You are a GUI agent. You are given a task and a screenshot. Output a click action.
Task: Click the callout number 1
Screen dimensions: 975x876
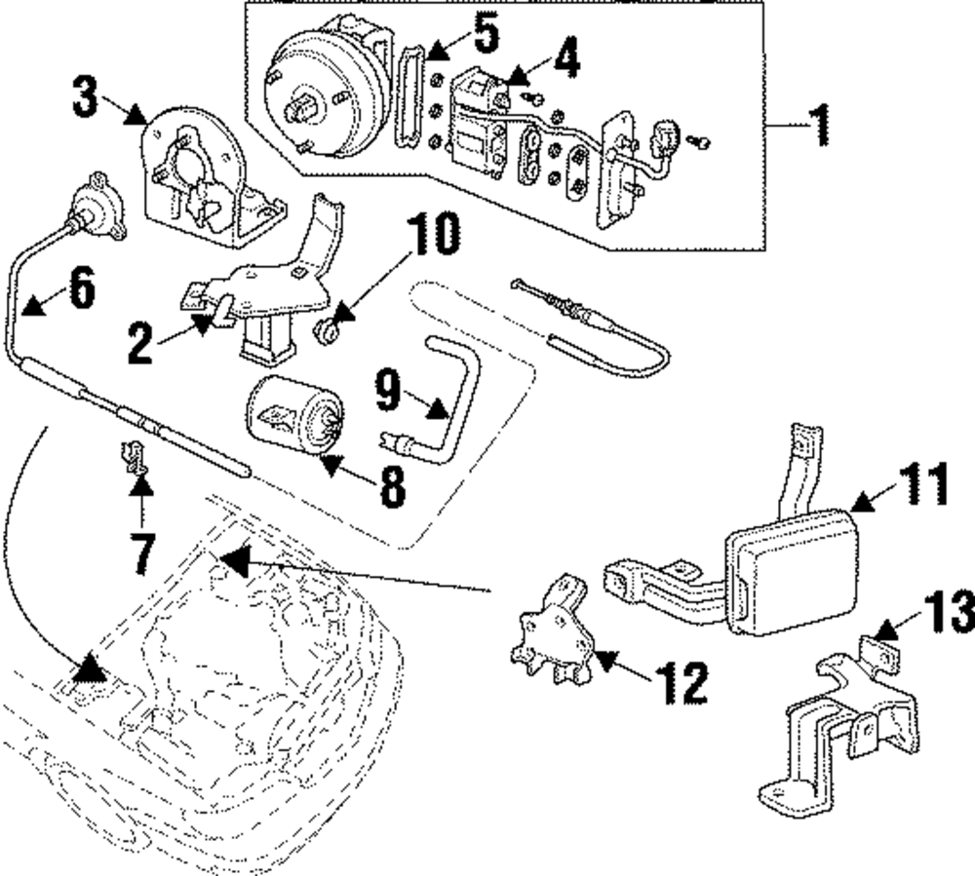(820, 125)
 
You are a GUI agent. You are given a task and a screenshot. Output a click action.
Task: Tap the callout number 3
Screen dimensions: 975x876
(85, 96)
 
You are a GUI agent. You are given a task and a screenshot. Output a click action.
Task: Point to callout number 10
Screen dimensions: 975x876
(435, 234)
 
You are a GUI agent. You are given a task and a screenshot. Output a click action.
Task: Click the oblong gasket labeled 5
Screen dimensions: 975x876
(409, 96)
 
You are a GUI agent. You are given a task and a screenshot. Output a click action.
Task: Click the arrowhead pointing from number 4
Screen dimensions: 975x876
(518, 76)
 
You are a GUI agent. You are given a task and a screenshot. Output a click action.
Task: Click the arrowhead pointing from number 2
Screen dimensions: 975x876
(201, 324)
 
